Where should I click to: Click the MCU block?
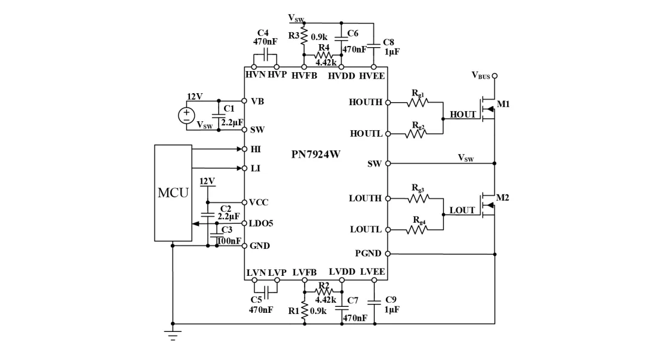pos(173,193)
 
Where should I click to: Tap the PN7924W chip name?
pos(316,154)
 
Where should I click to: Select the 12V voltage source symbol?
pos(186,115)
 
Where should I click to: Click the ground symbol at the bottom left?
pos(173,336)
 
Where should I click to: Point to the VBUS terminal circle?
pos(495,76)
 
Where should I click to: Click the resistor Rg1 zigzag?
pos(417,102)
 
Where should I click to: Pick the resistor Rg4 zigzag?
pos(417,230)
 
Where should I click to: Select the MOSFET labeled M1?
pos(487,109)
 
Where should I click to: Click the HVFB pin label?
pos(305,76)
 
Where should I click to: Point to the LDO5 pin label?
pos(261,223)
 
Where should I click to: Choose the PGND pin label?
pos(368,254)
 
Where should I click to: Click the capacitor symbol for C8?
pos(373,46)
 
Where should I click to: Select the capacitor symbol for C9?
pos(374,303)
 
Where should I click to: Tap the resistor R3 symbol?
pos(304,35)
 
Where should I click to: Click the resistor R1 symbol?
pos(305,310)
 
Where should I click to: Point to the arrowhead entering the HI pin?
pos(239,149)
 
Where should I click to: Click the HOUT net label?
pos(462,115)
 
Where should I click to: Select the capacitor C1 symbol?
pos(219,115)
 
